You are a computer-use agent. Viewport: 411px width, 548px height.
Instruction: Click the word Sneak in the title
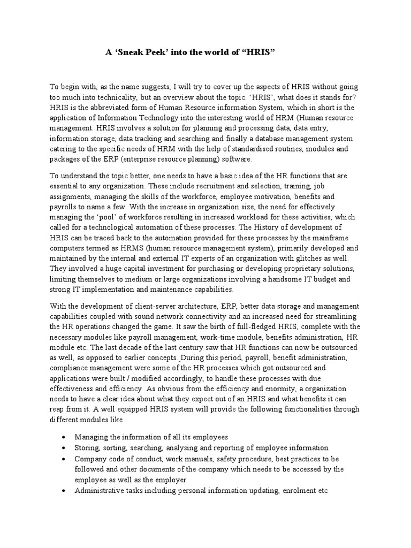click(x=127, y=53)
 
